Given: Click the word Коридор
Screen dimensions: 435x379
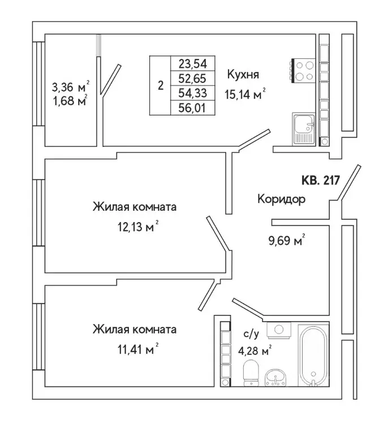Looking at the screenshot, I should click(281, 199).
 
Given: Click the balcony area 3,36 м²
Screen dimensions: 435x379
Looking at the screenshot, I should click(70, 88).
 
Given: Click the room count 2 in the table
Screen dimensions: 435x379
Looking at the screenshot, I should click(161, 86).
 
